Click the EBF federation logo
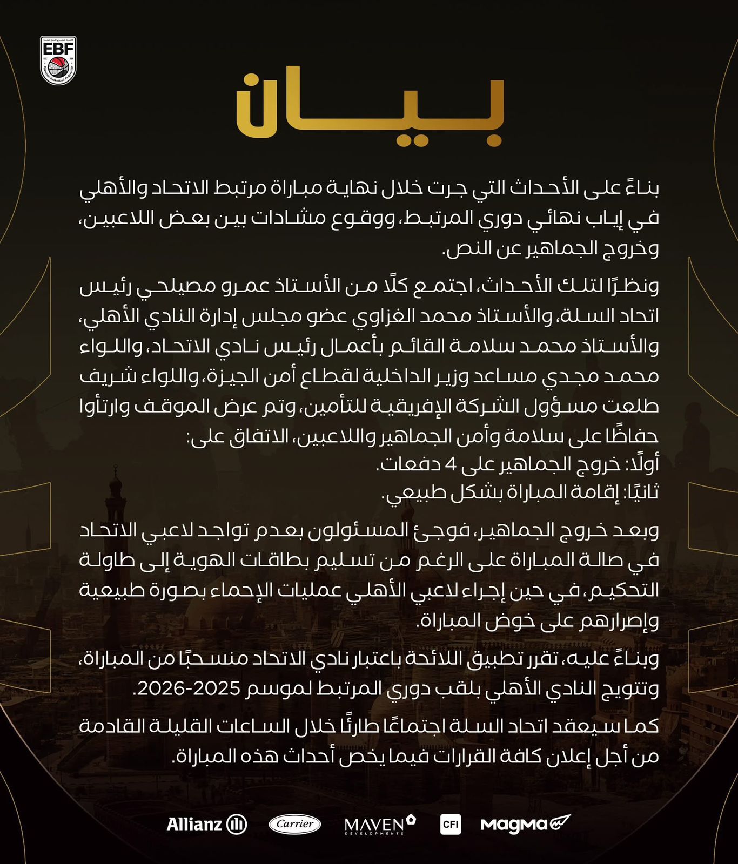[x=58, y=60]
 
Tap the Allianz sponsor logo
[x=206, y=824]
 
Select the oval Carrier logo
[x=294, y=824]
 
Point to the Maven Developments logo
[x=380, y=825]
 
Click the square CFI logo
[x=450, y=825]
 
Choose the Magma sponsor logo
[x=525, y=824]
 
